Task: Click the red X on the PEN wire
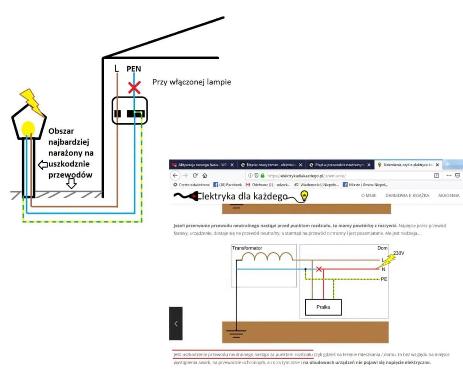point(135,88)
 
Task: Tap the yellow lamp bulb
point(28,128)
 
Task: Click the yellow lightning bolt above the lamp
point(32,102)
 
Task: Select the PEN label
point(133,69)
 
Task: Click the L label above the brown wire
point(117,68)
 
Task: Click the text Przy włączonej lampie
point(192,81)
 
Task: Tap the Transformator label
point(247,248)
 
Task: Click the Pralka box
point(323,307)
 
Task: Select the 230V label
point(399,253)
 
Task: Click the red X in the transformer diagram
point(319,269)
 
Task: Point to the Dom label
point(382,248)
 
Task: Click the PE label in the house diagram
point(384,279)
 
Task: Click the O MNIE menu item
point(369,196)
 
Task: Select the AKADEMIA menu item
point(449,196)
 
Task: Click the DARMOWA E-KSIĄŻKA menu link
point(407,196)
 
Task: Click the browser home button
point(205,175)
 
